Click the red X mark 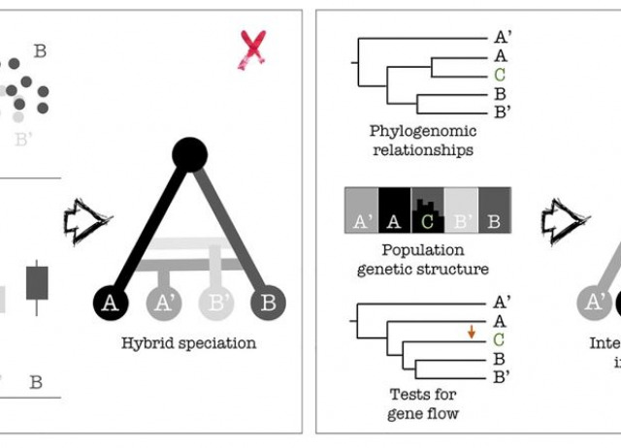coord(253,49)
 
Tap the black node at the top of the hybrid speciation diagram coord(188,154)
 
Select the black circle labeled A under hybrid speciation coord(111,303)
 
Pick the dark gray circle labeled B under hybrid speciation coord(269,303)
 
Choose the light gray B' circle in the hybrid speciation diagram coord(215,303)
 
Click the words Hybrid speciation coord(188,342)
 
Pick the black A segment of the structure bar coord(394,211)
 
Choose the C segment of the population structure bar coord(428,211)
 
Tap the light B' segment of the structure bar coord(461,211)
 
